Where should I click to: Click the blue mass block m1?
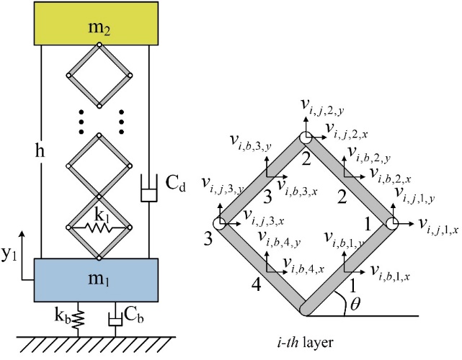pyautogui.click(x=97, y=278)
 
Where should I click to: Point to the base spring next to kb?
pyautogui.click(x=79, y=318)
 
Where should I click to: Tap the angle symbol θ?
pyautogui.click(x=354, y=305)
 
